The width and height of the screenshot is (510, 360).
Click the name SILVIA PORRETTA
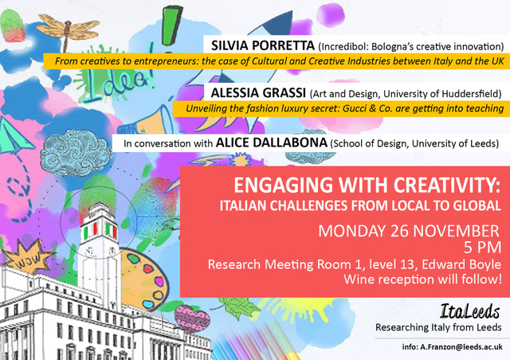pyautogui.click(x=263, y=45)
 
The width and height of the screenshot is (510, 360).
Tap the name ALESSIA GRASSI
pyautogui.click(x=258, y=93)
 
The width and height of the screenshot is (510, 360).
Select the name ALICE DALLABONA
pyautogui.click(x=272, y=143)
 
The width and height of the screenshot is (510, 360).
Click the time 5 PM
pyautogui.click(x=482, y=248)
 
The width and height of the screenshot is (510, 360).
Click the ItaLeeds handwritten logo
pyautogui.click(x=469, y=311)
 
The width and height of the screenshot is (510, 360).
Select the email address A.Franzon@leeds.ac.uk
pyautogui.click(x=461, y=347)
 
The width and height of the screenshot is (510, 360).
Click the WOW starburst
pyautogui.click(x=29, y=258)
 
